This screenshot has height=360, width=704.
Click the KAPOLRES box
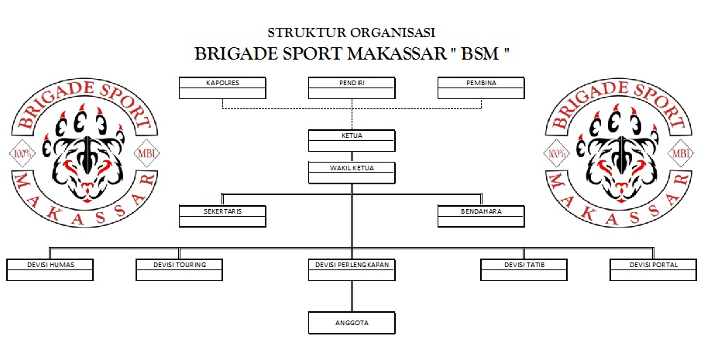tap(222, 87)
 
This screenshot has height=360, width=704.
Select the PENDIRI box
tap(352, 87)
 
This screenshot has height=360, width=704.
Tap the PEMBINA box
tap(481, 87)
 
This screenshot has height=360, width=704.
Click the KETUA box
tap(352, 140)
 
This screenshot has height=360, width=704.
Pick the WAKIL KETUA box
tap(352, 171)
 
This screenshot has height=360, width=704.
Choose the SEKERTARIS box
tap(222, 215)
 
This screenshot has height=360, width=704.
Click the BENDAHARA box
tap(481, 215)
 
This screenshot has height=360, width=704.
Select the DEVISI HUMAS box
tap(50, 269)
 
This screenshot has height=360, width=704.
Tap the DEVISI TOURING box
tap(179, 269)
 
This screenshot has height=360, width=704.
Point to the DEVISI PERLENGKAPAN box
tap(352, 269)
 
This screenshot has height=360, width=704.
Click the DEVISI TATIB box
tap(524, 269)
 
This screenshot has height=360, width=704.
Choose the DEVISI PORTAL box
tap(654, 269)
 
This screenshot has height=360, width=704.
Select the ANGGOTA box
tap(352, 322)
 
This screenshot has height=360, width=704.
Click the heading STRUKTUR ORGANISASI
tap(352, 33)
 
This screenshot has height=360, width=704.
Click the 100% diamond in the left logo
tap(21, 153)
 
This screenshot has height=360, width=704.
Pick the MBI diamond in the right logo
tap(682, 153)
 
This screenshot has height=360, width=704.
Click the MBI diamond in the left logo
tap(146, 153)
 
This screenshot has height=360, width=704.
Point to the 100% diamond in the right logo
tap(557, 153)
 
